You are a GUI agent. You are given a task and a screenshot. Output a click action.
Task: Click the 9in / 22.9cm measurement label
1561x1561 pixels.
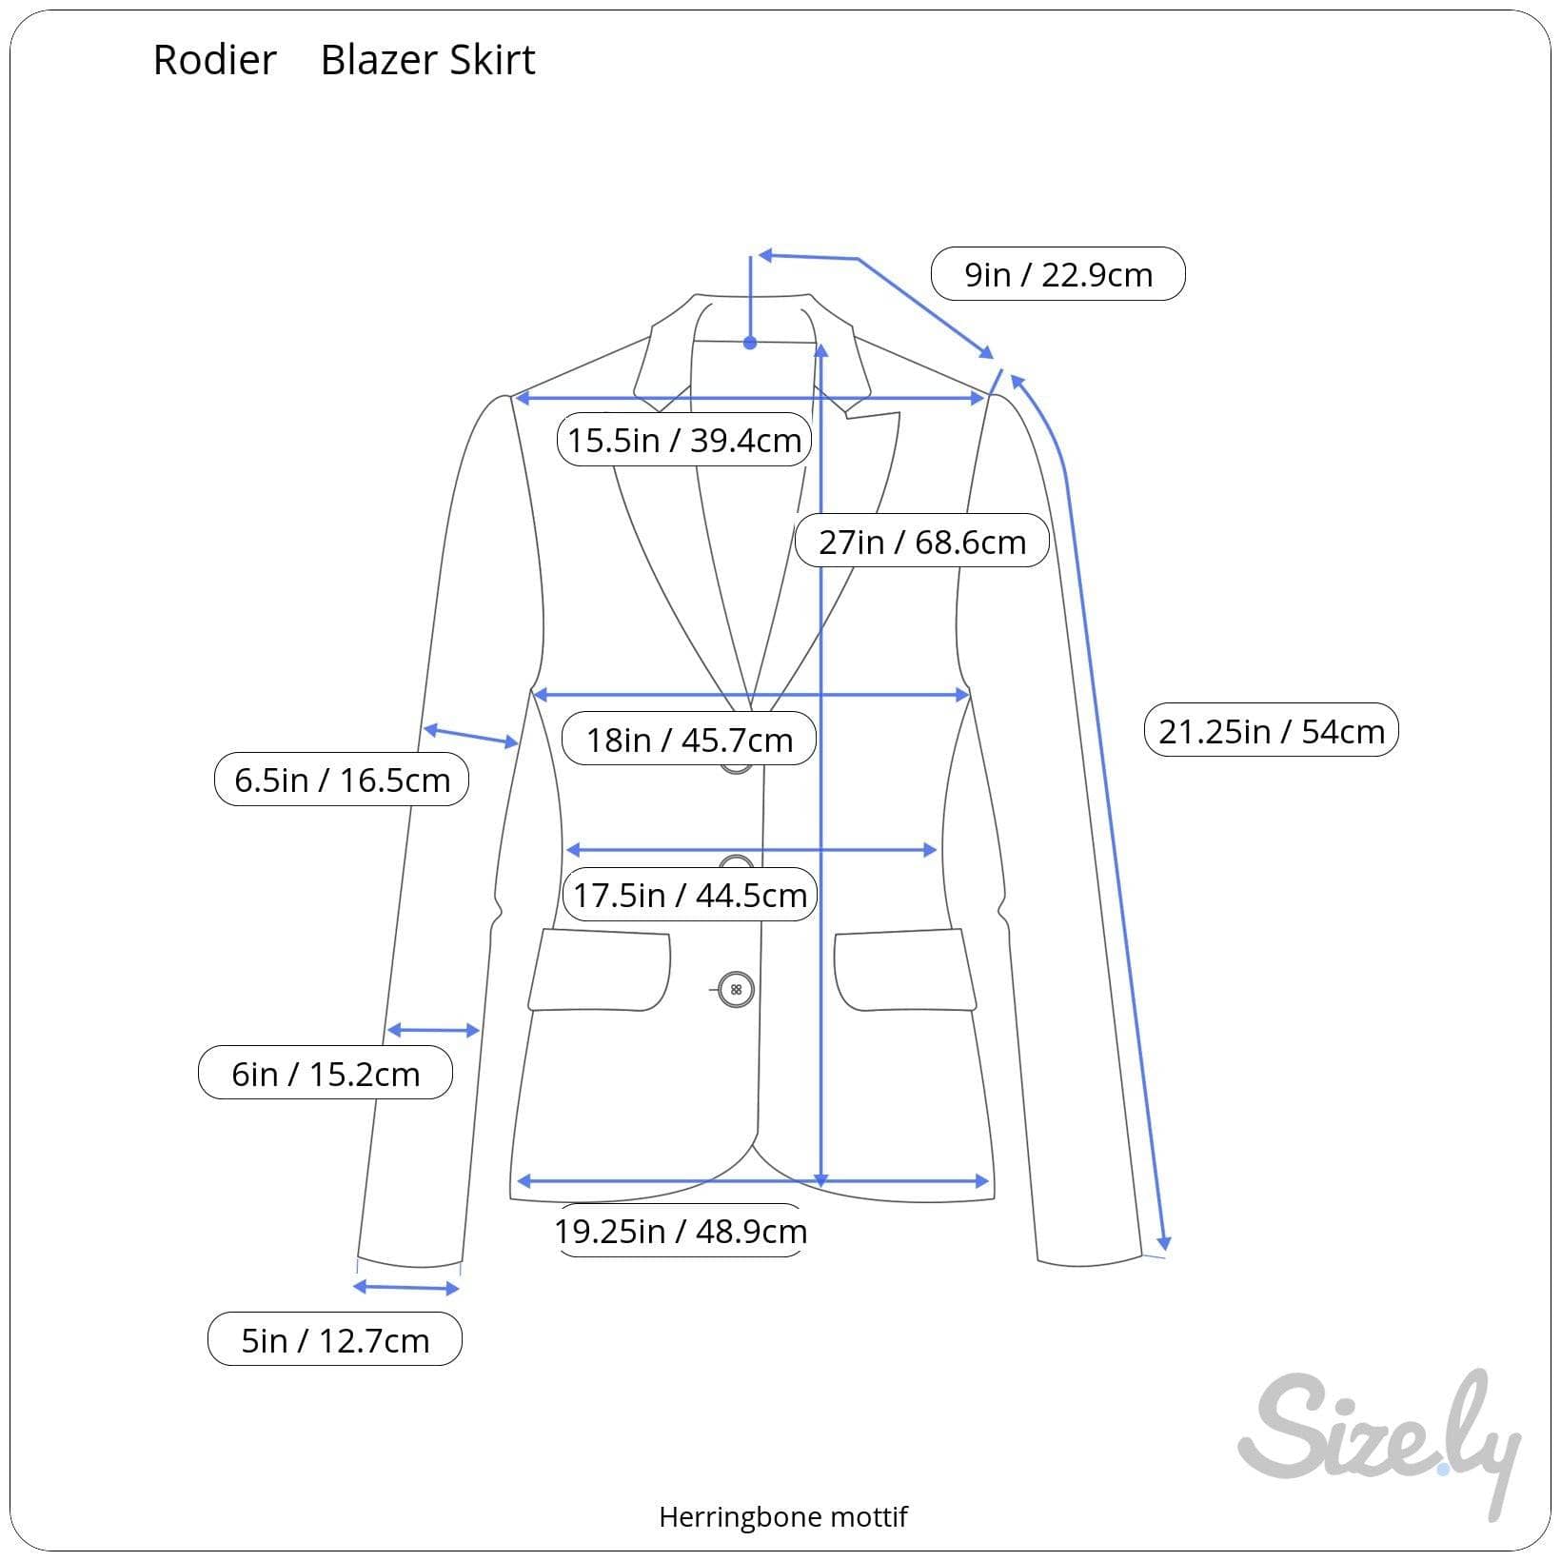pyautogui.click(x=1057, y=274)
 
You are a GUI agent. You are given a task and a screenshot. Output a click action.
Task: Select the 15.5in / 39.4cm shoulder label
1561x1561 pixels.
pyautogui.click(x=683, y=440)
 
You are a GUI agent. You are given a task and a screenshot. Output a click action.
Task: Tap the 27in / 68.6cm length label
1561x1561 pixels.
pyautogui.click(x=921, y=542)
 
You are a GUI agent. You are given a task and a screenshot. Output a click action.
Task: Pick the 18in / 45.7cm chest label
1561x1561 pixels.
pyautogui.click(x=688, y=739)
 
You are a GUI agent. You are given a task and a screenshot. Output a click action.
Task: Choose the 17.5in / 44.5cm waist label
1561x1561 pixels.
pyautogui.click(x=689, y=895)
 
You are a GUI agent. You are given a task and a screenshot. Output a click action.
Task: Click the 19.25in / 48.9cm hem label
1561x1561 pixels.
pyautogui.click(x=680, y=1231)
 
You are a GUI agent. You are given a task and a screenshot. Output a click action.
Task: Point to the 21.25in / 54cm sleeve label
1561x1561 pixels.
pyautogui.click(x=1271, y=731)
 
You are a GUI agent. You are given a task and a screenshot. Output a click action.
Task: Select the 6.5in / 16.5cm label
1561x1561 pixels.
pyautogui.click(x=342, y=780)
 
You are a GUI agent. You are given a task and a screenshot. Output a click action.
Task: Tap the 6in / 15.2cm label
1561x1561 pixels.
pyautogui.click(x=326, y=1074)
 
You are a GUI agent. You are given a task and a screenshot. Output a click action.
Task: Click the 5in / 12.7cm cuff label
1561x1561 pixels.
pyautogui.click(x=335, y=1340)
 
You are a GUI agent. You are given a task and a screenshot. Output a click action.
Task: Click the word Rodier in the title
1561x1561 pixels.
pyautogui.click(x=214, y=60)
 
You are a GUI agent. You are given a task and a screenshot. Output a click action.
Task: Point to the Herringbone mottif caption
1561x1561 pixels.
pyautogui.click(x=782, y=1516)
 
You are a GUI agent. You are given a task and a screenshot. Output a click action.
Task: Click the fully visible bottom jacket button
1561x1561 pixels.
pyautogui.click(x=736, y=990)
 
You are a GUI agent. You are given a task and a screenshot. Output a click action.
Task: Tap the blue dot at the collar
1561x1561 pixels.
pyautogui.click(x=750, y=343)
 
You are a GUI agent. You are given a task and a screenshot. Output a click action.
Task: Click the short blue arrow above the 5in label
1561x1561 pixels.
pyautogui.click(x=406, y=1288)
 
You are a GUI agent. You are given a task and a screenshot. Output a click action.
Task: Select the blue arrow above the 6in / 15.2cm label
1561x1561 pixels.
pyautogui.click(x=433, y=1030)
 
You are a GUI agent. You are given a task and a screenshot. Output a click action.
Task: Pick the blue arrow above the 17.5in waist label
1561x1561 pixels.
pyautogui.click(x=752, y=849)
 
